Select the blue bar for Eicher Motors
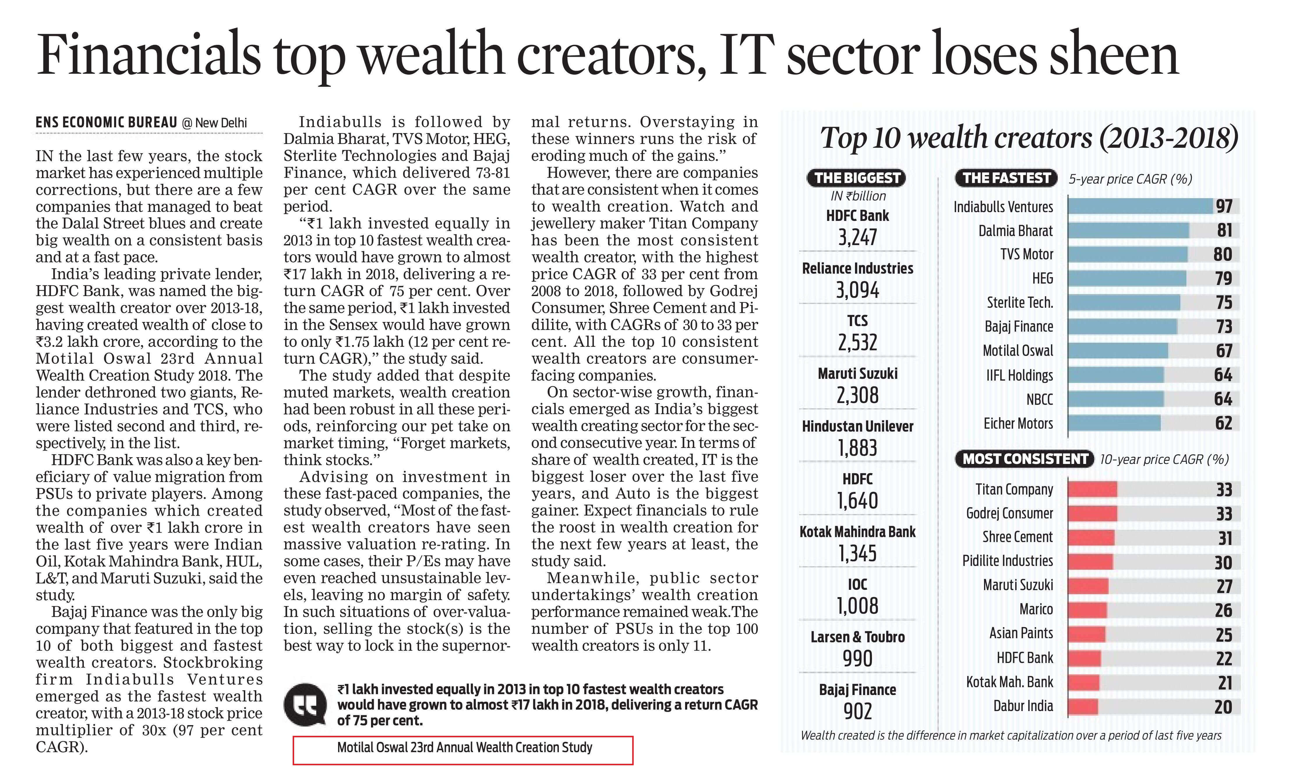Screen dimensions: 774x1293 pyautogui.click(x=1114, y=423)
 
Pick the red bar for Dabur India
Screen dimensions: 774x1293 pyautogui.click(x=1082, y=707)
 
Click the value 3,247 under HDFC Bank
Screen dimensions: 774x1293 pyautogui.click(x=857, y=237)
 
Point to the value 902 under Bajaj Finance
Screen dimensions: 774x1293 pyautogui.click(x=857, y=711)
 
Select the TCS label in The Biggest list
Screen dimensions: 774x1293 pyautogui.click(x=857, y=320)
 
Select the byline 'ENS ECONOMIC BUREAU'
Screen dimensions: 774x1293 pyautogui.click(x=106, y=123)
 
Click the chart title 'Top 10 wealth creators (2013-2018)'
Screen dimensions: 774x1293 pyautogui.click(x=1029, y=138)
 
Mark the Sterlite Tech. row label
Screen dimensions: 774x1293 pyautogui.click(x=1019, y=302)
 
